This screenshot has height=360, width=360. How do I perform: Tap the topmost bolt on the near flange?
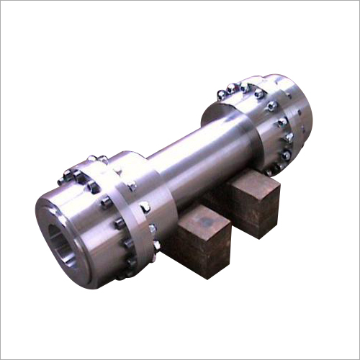coord(92,159)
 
